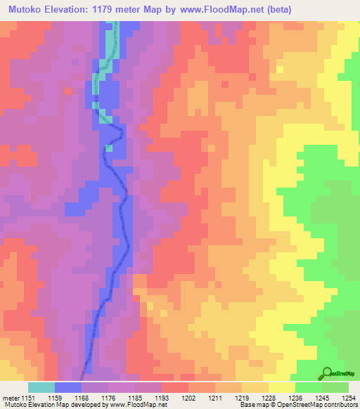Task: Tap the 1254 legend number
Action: point(348,397)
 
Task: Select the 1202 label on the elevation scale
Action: point(188,397)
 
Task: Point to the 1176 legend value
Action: point(109,397)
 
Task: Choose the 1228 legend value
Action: point(268,397)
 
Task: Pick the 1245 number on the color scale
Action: point(321,397)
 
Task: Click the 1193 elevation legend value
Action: point(162,397)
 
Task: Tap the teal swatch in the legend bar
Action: point(41,387)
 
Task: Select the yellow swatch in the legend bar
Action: point(281,387)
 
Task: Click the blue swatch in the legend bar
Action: point(67,387)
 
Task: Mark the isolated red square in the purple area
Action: point(67,91)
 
